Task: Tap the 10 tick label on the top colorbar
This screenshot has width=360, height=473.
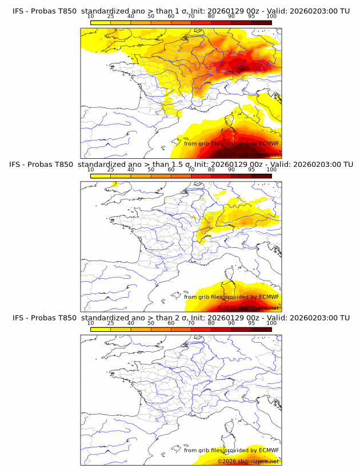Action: (90, 17)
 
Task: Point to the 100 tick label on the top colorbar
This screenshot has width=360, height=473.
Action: (271, 17)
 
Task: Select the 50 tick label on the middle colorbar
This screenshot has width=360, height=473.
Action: (151, 170)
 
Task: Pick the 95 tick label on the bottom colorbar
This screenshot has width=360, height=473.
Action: (251, 323)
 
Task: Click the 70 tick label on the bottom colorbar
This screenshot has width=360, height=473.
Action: (191, 323)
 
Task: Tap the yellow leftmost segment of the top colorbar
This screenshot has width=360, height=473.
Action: (100, 22)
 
